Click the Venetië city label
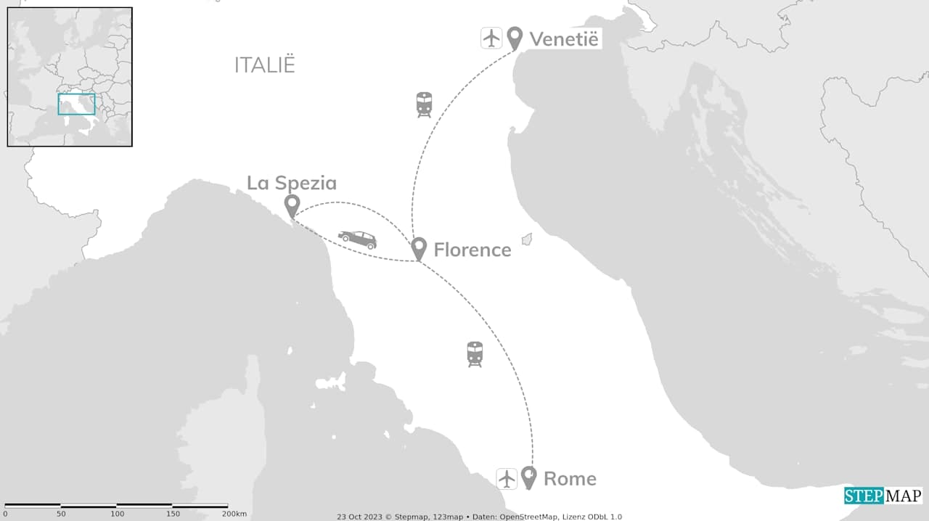point(564,38)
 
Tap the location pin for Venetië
point(515,38)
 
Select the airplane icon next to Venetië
point(491,38)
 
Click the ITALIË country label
point(265,65)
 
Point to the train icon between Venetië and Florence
point(424,104)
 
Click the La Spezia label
point(292,183)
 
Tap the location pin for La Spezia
point(292,205)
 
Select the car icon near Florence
point(357,239)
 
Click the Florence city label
point(472,250)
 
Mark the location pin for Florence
point(418,248)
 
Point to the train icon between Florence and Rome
point(475,354)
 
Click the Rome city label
point(570,479)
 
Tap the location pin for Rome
point(529,477)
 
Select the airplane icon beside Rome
point(507,479)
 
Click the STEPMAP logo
point(883,496)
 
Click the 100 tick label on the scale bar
point(117,514)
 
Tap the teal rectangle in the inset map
point(76,104)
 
